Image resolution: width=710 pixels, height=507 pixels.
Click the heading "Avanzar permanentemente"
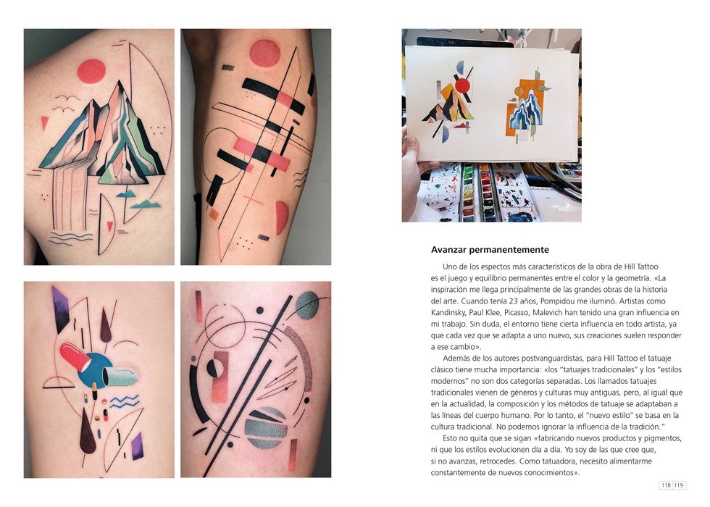pyautogui.click(x=490, y=250)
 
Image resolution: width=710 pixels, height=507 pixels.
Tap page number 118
pyautogui.click(x=666, y=485)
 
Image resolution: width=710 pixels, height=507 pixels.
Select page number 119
pyautogui.click(x=679, y=485)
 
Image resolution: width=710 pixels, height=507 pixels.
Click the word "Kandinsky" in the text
pyautogui.click(x=448, y=312)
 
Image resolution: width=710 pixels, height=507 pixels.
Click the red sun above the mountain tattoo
pyautogui.click(x=91, y=72)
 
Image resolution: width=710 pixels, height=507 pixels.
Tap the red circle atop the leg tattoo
pyautogui.click(x=265, y=54)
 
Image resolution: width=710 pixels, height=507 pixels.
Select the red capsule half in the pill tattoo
pyautogui.click(x=75, y=356)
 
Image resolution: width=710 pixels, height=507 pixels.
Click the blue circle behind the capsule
pyautogui.click(x=95, y=369)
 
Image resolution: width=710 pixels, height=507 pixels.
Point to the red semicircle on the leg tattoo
pyautogui.click(x=281, y=218)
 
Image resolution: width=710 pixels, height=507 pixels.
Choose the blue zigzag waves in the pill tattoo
pyautogui.click(x=124, y=401)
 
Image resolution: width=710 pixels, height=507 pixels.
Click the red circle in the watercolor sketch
pyautogui.click(x=463, y=85)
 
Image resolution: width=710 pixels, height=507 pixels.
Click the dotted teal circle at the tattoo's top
pyautogui.click(x=307, y=305)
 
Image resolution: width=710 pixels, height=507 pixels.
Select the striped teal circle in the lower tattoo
pyautogui.click(x=266, y=427)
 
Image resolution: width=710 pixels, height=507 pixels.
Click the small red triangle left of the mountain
pyautogui.click(x=45, y=122)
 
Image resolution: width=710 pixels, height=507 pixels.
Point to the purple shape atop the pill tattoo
pyautogui.click(x=61, y=309)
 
